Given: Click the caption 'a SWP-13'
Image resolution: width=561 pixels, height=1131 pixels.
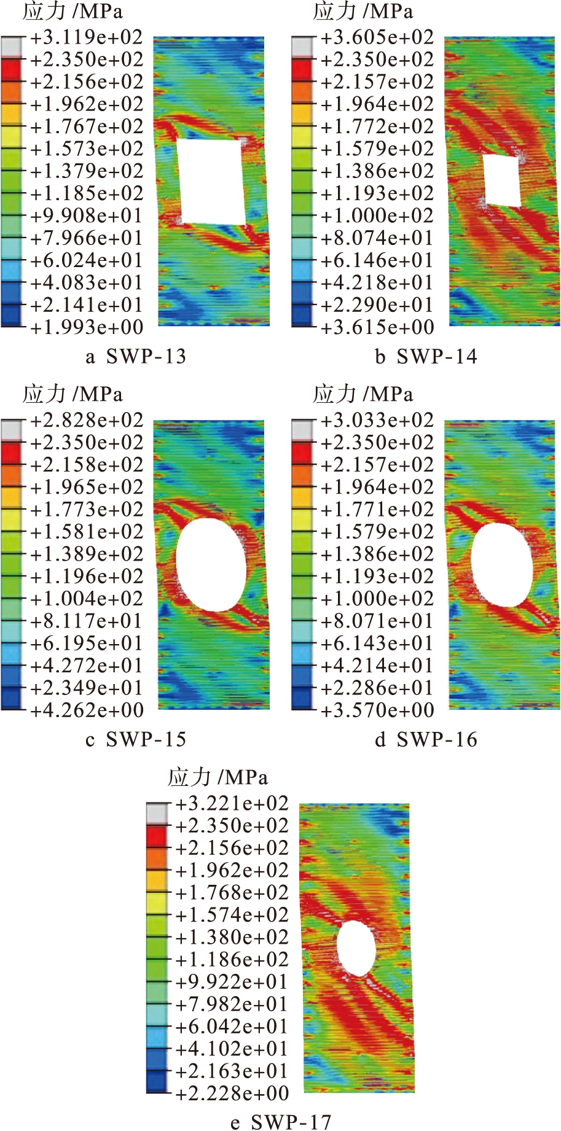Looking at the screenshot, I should (136, 357).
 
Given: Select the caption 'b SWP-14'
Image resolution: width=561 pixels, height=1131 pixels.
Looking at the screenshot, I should (426, 357).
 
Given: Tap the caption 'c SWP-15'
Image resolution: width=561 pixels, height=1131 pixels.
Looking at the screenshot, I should (136, 739).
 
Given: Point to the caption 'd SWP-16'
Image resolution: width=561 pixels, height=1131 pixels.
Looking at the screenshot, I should (426, 739).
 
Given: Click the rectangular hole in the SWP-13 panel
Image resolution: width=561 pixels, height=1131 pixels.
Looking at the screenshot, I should (211, 182).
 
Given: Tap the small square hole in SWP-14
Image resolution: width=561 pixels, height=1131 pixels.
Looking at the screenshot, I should (503, 180).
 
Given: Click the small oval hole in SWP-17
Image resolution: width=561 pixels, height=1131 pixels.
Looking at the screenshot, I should (356, 948).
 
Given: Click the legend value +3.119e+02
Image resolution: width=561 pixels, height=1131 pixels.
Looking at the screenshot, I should (87, 37).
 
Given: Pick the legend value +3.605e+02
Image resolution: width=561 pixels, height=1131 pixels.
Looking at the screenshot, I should (377, 37).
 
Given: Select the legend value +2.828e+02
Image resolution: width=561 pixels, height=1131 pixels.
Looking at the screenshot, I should (87, 421).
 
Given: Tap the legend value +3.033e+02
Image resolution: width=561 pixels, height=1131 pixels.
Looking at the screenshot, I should (377, 421).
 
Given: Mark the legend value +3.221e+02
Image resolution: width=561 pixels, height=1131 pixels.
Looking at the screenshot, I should (232, 804).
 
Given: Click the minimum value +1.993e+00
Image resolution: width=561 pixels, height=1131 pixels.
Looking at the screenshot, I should (87, 327).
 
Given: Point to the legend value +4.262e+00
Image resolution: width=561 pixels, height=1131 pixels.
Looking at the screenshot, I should (87, 710).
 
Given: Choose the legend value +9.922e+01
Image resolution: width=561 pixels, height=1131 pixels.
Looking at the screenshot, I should (232, 982).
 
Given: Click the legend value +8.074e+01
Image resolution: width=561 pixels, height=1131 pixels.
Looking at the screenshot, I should (377, 238).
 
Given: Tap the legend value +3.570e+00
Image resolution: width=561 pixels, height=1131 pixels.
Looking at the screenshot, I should (377, 710).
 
